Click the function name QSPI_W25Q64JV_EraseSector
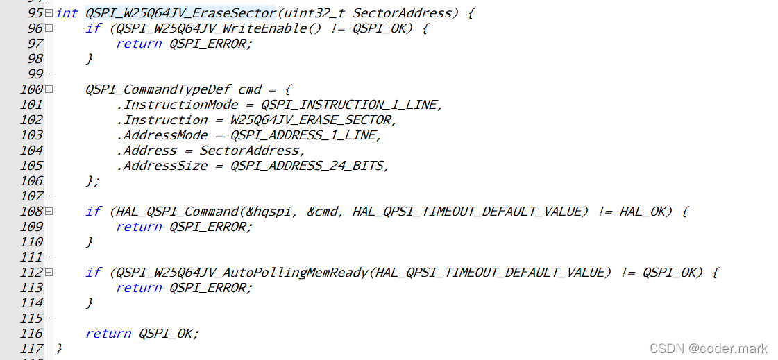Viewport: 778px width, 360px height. tap(180, 12)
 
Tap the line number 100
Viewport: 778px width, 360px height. tap(31, 89)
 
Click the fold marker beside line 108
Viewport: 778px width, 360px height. tap(49, 211)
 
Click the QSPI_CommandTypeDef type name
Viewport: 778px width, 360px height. tap(158, 89)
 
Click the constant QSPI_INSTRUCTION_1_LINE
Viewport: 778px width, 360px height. tap(350, 104)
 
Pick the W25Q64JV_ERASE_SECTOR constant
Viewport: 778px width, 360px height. tap(312, 119)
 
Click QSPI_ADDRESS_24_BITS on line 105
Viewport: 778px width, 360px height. tap(308, 165)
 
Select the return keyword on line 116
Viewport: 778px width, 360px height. tap(108, 333)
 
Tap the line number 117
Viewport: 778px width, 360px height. tap(31, 348)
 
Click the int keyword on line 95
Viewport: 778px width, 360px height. tap(67, 12)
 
